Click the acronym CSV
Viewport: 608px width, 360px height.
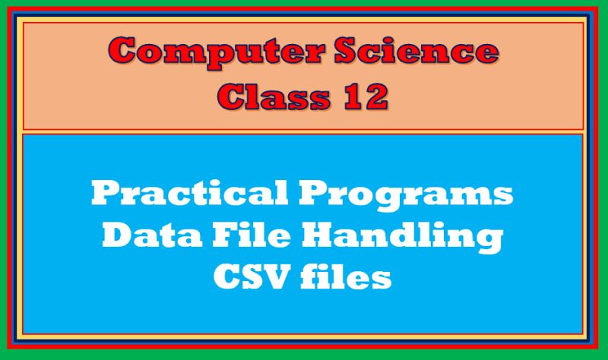click(241, 278)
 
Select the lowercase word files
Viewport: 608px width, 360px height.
click(345, 278)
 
